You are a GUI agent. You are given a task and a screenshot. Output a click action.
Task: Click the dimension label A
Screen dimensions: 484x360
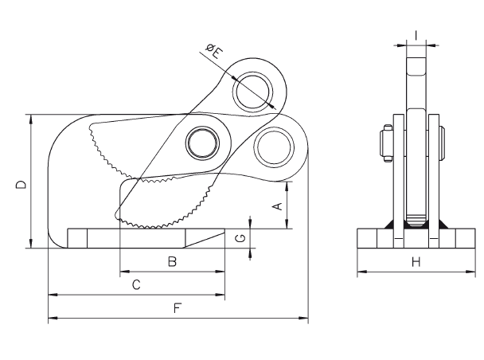point(279,206)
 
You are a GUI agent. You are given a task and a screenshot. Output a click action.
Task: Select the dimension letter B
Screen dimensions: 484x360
point(172,261)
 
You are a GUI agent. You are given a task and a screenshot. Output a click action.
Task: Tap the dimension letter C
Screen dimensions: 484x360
point(136,284)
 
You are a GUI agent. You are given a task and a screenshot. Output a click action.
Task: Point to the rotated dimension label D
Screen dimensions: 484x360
point(21,185)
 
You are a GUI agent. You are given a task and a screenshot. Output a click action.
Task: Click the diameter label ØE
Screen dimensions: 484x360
point(214,51)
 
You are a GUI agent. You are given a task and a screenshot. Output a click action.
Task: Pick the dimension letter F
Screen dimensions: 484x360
point(178,308)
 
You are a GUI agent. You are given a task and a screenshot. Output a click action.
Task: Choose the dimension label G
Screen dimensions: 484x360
point(240,238)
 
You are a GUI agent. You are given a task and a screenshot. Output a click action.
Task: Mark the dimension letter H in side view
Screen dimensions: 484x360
point(416,262)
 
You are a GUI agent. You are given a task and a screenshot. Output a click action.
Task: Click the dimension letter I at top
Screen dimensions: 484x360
point(416,36)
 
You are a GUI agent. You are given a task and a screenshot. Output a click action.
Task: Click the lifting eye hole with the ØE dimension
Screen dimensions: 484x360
point(253,92)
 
